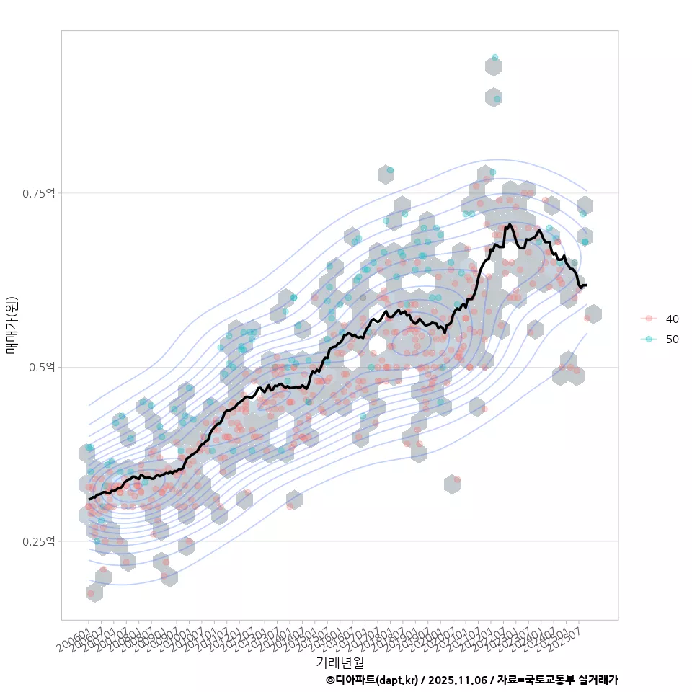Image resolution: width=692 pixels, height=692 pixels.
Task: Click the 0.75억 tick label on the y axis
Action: click(x=38, y=193)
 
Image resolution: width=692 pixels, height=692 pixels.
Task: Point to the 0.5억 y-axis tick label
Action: click(x=41, y=367)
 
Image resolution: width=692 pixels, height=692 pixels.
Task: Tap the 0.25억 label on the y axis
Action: click(x=38, y=541)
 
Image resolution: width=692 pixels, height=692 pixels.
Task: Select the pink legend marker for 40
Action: click(x=649, y=319)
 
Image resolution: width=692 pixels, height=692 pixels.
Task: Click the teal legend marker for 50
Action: click(x=649, y=339)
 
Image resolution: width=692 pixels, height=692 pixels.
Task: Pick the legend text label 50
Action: click(x=672, y=339)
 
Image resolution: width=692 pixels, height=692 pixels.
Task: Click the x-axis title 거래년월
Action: click(x=340, y=662)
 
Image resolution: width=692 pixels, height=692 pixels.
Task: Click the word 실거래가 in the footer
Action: click(x=598, y=680)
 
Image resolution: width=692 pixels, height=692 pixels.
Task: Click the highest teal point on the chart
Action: click(x=494, y=57)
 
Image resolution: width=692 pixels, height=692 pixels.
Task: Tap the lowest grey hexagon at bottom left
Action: click(x=94, y=593)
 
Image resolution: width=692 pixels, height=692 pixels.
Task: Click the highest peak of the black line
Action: click(x=510, y=225)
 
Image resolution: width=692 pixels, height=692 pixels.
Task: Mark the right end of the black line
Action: click(x=587, y=285)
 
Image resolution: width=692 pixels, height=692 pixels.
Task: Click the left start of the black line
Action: click(x=89, y=499)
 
